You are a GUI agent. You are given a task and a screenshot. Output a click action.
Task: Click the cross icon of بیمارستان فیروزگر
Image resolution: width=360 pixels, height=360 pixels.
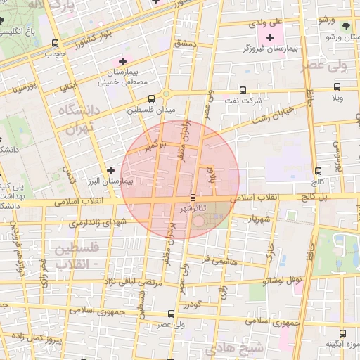(270, 36)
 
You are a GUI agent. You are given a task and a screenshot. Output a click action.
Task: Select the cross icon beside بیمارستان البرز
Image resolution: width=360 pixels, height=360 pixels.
(110, 170)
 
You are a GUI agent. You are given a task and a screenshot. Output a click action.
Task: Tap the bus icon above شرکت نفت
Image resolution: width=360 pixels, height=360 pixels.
(243, 90)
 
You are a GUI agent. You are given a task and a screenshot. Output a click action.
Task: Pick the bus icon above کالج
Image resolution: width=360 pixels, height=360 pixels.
(319, 171)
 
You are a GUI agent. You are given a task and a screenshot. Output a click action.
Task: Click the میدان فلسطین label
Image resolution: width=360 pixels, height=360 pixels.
(150, 110)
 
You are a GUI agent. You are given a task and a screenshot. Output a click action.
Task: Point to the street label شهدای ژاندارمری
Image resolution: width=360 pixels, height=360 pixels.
(96, 223)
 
